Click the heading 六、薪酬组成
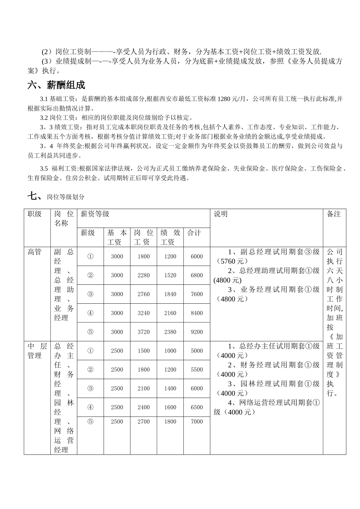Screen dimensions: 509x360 [56, 85]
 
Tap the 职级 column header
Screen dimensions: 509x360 [34, 214]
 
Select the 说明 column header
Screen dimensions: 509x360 [221, 214]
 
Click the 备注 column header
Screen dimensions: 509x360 [334, 214]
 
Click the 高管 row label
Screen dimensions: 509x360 [34, 252]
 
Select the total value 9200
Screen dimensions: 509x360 [197, 332]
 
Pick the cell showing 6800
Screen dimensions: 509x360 [197, 275]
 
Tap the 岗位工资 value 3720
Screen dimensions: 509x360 [144, 332]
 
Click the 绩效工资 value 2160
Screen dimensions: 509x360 [170, 313]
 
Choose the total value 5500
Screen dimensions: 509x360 [197, 370]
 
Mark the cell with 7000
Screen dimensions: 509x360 [197, 422]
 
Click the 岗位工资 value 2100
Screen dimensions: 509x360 [144, 389]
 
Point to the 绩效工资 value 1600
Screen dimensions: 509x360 [170, 408]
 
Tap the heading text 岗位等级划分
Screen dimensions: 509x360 [66, 197]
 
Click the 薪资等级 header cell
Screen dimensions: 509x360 [95, 214]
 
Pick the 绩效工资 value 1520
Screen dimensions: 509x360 [170, 275]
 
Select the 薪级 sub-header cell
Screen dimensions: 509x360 [88, 233]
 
